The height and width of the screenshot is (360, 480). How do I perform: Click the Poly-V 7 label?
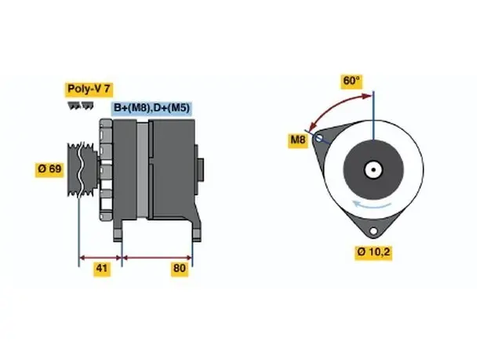coord(89,89)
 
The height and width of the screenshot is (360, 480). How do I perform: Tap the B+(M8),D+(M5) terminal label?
coord(152,107)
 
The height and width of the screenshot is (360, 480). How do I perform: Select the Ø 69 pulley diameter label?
coord(49,169)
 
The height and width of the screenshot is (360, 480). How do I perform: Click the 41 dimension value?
coord(102,268)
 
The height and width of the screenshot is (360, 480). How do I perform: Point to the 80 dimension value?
coord(180,268)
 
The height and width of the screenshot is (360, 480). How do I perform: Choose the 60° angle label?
coord(351,81)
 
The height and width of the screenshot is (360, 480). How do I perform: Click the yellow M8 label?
coord(298,140)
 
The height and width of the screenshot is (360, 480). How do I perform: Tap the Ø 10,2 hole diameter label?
coord(373,252)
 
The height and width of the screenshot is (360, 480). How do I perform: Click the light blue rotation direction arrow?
coord(372,204)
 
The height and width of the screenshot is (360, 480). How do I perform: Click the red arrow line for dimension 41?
coord(100,258)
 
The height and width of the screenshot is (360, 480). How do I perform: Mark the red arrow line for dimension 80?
coord(157,258)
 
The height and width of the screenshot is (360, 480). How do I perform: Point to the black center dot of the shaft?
coord(373,169)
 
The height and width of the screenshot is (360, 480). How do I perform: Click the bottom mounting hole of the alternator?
coord(373,231)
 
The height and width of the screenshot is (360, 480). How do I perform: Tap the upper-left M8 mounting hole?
coord(318,138)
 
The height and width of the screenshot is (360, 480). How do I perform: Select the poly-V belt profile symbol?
coord(81,106)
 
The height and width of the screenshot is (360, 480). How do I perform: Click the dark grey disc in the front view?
coord(373,169)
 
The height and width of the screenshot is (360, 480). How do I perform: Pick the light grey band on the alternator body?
coord(142,170)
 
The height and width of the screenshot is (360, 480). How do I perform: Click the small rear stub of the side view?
coord(200,169)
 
